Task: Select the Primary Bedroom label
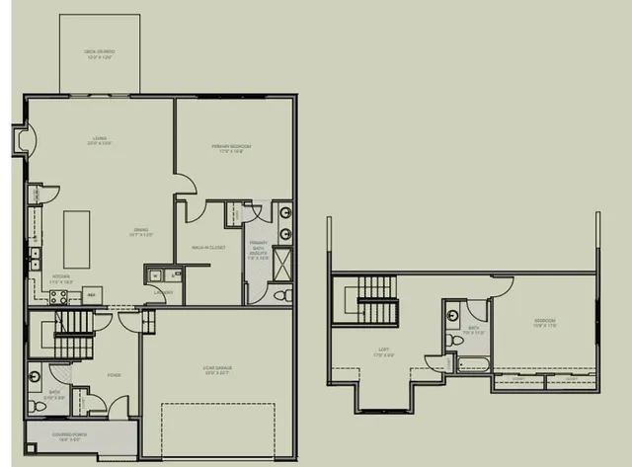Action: [x=231, y=148]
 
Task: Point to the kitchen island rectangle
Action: [x=77, y=238]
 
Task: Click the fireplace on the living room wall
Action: [x=21, y=142]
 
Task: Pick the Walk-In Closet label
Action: [x=207, y=247]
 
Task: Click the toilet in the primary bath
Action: [x=280, y=295]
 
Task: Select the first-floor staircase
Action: [x=71, y=334]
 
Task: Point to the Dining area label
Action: [x=137, y=233]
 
